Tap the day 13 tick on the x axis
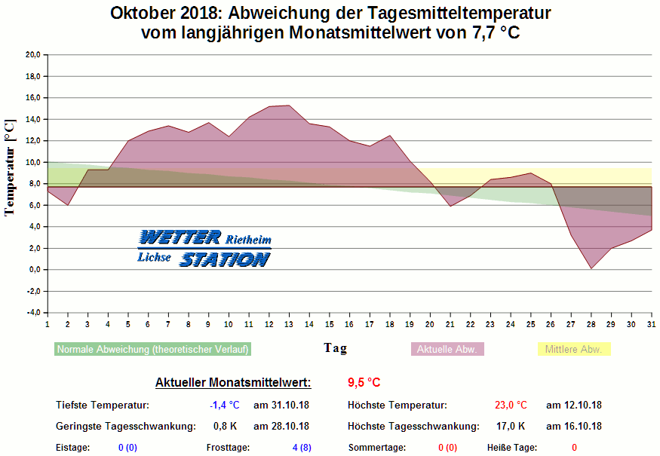click(x=289, y=323)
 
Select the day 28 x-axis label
click(x=591, y=323)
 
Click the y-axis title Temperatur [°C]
click(x=11, y=167)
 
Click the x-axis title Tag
click(x=335, y=347)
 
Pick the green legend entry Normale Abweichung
click(x=152, y=350)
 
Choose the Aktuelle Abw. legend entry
click(x=447, y=350)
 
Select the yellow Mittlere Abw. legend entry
click(x=573, y=350)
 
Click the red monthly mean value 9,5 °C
click(x=364, y=382)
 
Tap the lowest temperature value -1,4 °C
click(x=224, y=406)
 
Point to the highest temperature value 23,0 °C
click(x=511, y=406)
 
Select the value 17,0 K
click(x=511, y=427)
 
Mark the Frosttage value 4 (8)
click(x=302, y=448)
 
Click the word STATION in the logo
click(x=225, y=259)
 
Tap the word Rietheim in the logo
click(x=248, y=240)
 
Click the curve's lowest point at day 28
click(x=591, y=268)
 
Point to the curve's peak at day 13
click(x=289, y=106)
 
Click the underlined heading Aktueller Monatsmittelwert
click(x=233, y=383)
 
